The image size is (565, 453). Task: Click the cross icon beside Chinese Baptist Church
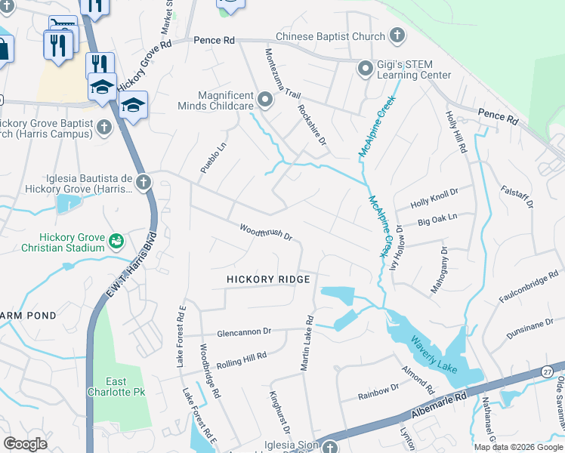point(397,35)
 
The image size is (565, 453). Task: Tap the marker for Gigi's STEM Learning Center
point(366,69)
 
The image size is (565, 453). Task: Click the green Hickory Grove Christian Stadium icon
point(116,241)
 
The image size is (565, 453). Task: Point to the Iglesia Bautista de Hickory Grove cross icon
point(143,182)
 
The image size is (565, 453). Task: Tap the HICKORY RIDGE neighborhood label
point(269,280)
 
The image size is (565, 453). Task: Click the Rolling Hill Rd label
point(242,356)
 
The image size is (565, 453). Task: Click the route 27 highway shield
point(547,371)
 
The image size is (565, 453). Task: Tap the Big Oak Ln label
point(437,220)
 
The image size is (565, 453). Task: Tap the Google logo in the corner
point(26,444)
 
